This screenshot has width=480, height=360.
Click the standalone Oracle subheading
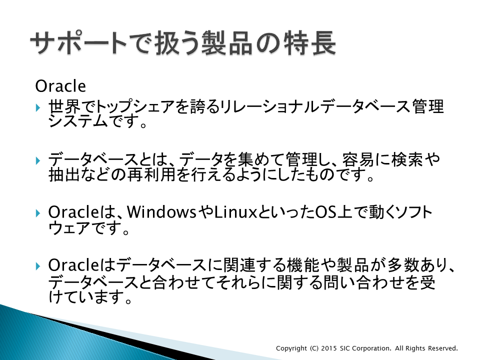coord(60,86)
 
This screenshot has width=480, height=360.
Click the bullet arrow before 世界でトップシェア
coord(38,108)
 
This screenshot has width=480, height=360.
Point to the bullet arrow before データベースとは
coord(38,160)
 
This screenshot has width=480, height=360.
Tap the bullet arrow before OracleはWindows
coord(38,213)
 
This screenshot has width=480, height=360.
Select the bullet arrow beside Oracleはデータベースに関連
coord(38,265)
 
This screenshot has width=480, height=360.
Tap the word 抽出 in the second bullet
coord(64,174)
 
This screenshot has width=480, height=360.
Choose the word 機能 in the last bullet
coord(303,265)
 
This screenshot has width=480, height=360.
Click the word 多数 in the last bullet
coord(403,265)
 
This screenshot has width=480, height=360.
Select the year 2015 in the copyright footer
coord(329,348)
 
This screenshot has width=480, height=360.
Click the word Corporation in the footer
coord(371,348)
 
